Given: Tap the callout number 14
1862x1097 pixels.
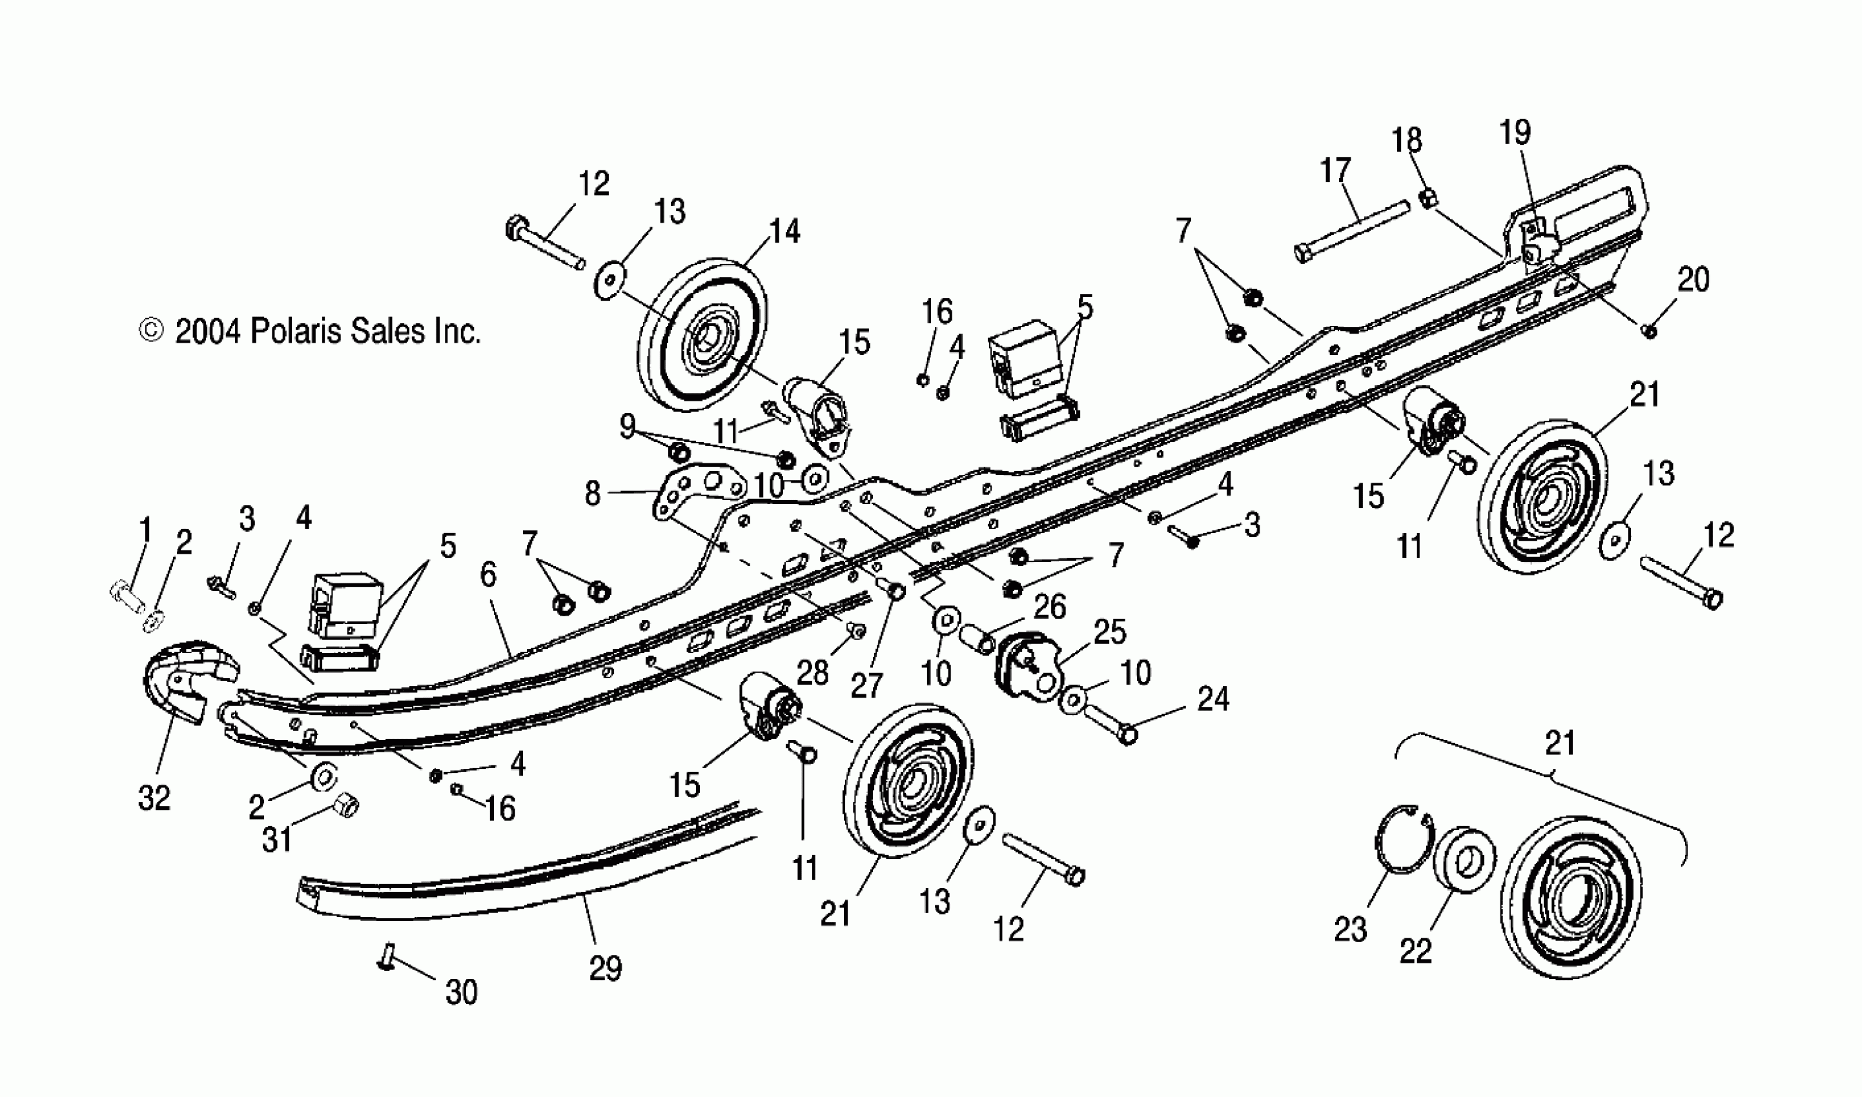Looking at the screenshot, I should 784,232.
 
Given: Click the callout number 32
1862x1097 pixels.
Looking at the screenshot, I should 154,798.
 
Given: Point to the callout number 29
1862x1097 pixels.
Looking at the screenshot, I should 605,968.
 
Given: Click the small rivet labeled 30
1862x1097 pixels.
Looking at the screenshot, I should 386,958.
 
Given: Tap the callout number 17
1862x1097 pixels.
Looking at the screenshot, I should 1336,171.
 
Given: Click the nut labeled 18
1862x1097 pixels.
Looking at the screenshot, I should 1429,198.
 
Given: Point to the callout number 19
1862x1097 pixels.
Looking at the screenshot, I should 1515,133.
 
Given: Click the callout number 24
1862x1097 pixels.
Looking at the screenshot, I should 1212,699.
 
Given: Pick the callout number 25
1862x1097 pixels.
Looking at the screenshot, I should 1109,632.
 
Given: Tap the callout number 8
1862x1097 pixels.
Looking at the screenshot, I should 592,494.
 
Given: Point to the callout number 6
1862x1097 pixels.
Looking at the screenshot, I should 488,574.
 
